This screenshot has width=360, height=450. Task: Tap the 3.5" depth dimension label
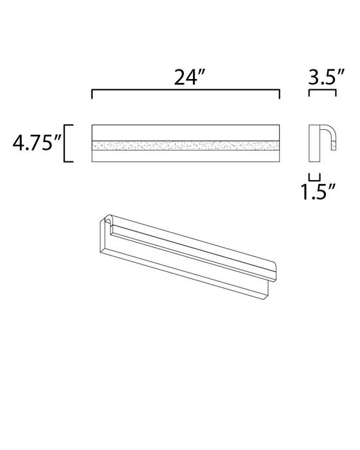[326, 77]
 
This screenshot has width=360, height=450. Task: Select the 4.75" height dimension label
[37, 143]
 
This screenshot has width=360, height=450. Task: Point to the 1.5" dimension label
[318, 192]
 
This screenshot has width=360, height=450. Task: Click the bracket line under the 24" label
[186, 90]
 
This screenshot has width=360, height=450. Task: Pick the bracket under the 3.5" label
[322, 91]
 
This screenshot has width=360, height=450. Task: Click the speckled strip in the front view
[186, 146]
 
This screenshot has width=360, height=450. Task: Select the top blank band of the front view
[186, 132]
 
